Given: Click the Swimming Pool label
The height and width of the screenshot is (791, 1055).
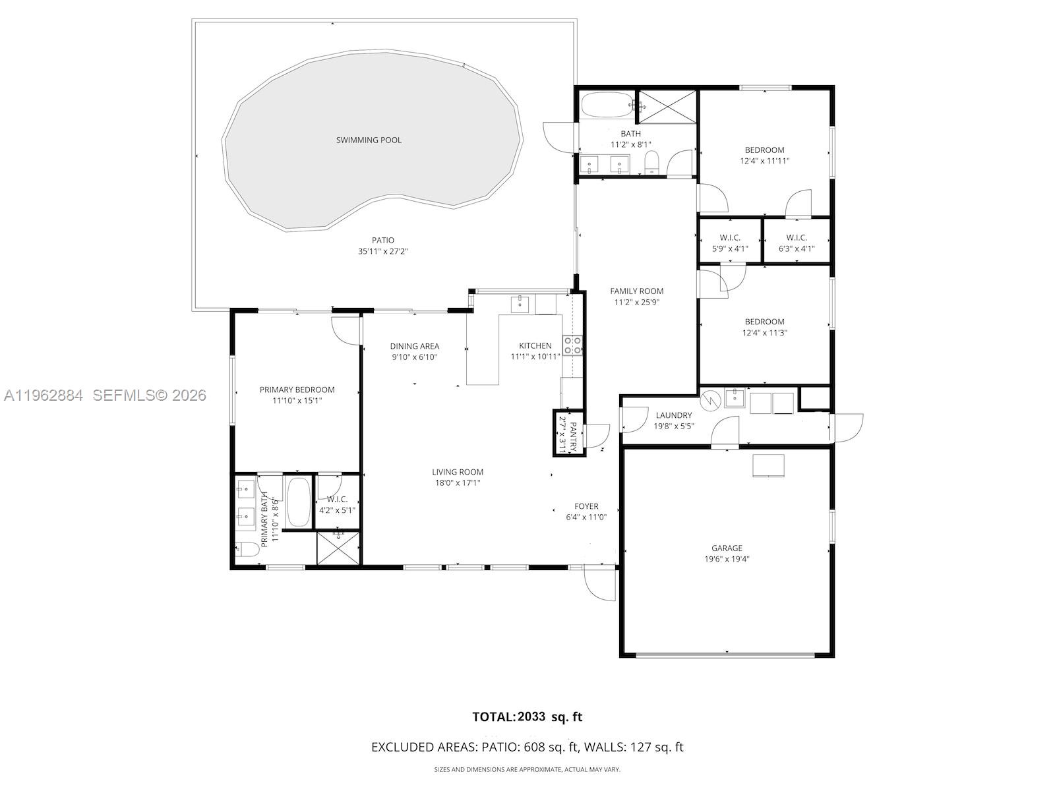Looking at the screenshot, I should [x=369, y=140].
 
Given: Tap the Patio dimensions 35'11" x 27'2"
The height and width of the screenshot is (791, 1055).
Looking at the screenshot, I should [x=383, y=251].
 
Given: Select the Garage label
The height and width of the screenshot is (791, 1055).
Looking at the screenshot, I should [x=727, y=548].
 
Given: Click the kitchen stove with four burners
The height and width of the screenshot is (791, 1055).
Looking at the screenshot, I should [x=572, y=345].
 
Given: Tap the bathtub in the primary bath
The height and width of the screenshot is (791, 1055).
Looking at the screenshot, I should [x=298, y=502].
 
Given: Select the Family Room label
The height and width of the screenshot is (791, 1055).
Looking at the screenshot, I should [x=636, y=291].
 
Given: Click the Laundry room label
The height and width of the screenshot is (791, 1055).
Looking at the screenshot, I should [x=674, y=415].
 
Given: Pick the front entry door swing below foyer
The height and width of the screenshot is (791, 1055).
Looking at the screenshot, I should [x=600, y=584].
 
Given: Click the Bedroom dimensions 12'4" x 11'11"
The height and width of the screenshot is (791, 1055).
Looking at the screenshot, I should [x=764, y=160].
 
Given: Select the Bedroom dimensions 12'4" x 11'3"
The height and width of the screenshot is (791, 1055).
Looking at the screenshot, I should [x=764, y=333].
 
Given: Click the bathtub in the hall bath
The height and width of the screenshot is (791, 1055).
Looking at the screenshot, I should [x=607, y=105].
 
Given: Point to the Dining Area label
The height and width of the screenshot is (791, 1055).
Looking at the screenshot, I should [x=414, y=346].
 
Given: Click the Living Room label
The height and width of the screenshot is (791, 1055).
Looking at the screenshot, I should [x=458, y=472].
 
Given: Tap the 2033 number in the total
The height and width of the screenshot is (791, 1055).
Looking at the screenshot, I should [x=531, y=717].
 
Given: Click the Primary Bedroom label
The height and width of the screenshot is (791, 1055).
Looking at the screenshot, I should [x=297, y=390].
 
